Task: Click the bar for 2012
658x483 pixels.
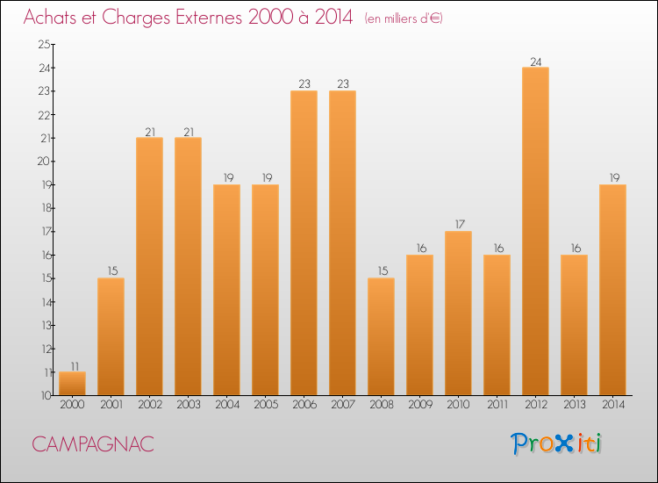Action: tap(535, 231)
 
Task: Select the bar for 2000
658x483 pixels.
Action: tap(72, 384)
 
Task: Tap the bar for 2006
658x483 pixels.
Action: tap(304, 243)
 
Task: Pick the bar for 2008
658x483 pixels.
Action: tap(381, 336)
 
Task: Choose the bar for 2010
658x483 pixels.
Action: tap(458, 314)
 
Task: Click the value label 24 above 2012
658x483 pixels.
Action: tap(535, 61)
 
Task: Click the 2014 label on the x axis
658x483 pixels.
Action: tap(612, 405)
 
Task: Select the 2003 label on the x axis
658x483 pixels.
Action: tap(188, 405)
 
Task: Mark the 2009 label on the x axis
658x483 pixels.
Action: tap(419, 405)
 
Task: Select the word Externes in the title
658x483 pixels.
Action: tap(203, 18)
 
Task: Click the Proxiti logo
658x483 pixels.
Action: tap(556, 443)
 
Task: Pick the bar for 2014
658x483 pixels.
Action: tap(612, 290)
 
